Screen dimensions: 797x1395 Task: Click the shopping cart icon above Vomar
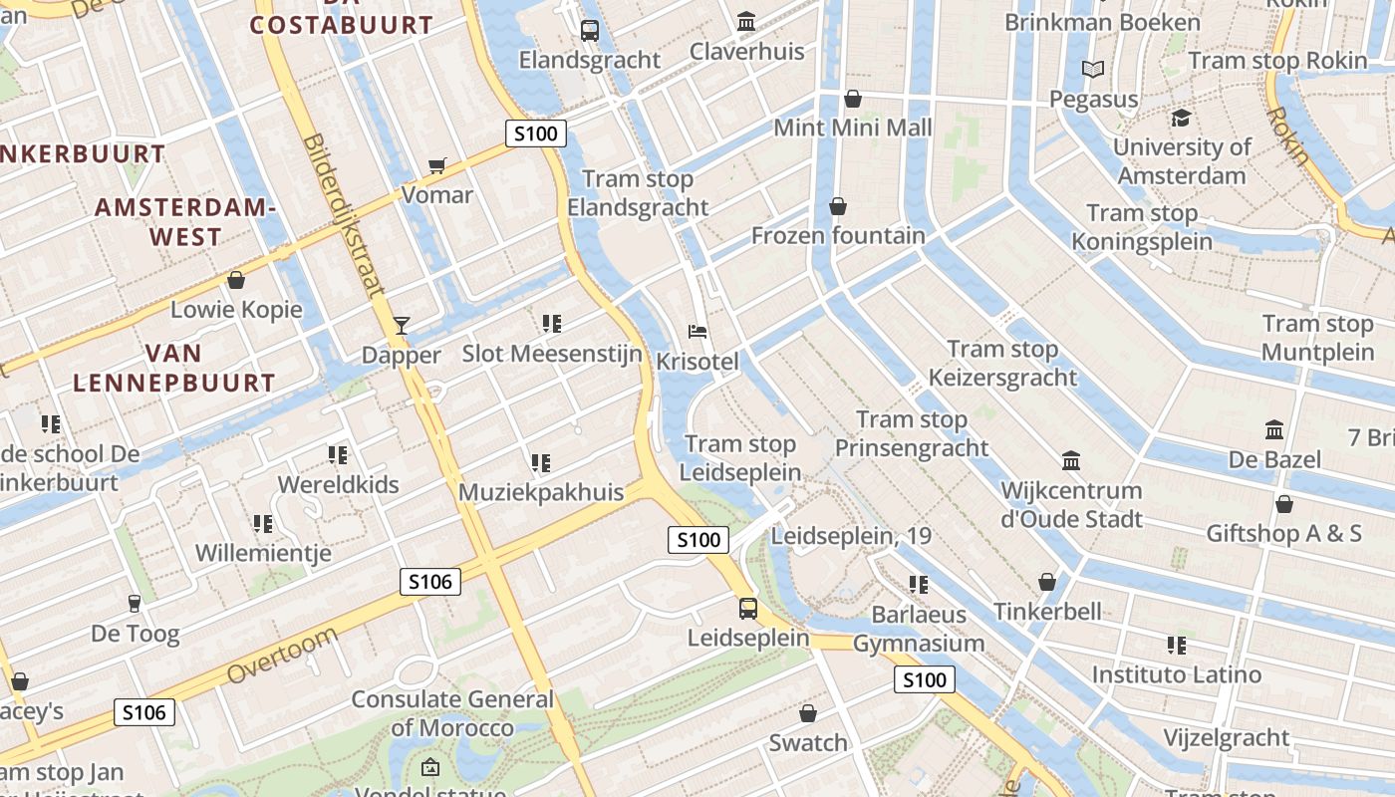pyautogui.click(x=436, y=165)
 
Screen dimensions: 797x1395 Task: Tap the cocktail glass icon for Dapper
pyautogui.click(x=402, y=325)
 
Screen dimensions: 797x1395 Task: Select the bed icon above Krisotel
pyautogui.click(x=697, y=331)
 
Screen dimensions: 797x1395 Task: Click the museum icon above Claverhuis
pyautogui.click(x=746, y=21)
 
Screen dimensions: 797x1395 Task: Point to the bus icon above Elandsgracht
pyautogui.click(x=590, y=30)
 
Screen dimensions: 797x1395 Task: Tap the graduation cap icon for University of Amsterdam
pyautogui.click(x=1182, y=118)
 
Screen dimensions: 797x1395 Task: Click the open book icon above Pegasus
pyautogui.click(x=1093, y=69)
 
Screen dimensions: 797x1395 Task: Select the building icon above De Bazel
pyautogui.click(x=1274, y=430)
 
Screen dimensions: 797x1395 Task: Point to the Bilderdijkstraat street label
pyautogui.click(x=344, y=216)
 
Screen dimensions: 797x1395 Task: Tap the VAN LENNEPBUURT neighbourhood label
pyautogui.click(x=173, y=368)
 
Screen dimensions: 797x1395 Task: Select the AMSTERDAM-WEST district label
pyautogui.click(x=184, y=222)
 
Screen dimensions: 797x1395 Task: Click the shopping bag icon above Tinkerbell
pyautogui.click(x=1047, y=581)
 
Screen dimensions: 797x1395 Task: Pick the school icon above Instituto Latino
pyautogui.click(x=1177, y=646)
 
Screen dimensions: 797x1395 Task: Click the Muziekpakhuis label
pyautogui.click(x=541, y=492)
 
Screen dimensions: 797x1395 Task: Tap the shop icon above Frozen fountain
pyautogui.click(x=838, y=206)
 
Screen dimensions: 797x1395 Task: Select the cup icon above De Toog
pyautogui.click(x=135, y=603)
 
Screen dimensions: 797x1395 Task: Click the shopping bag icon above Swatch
pyautogui.click(x=808, y=713)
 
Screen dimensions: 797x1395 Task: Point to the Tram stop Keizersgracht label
pyautogui.click(x=1002, y=363)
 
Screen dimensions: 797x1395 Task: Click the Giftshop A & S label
pyautogui.click(x=1283, y=533)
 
